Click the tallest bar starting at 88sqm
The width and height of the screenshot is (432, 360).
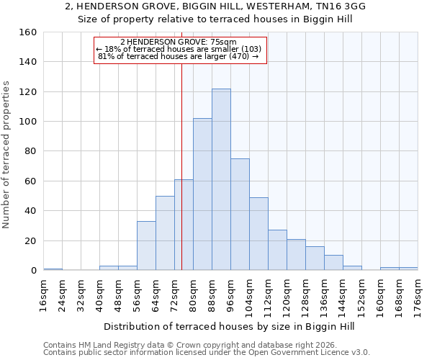coord(221,179)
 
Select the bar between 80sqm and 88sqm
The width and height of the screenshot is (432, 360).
coord(202,194)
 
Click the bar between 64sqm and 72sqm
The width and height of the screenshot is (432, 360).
coord(165,233)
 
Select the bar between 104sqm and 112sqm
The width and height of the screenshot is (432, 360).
coord(258,234)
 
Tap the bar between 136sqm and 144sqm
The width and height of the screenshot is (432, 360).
coord(333,263)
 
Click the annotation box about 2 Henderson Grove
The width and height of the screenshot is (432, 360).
coord(180,50)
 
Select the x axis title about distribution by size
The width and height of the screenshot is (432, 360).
coord(230,327)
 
